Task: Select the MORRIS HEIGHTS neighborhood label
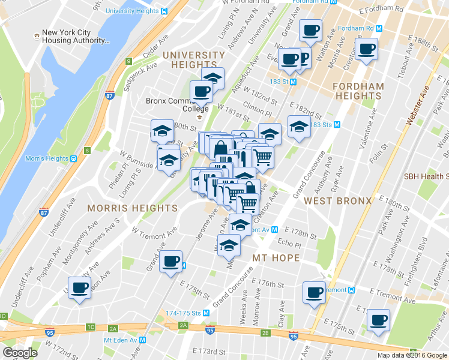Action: [133, 208]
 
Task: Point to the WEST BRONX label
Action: [337, 200]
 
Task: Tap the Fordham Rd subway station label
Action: [360, 28]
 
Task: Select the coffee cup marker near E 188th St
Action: [366, 49]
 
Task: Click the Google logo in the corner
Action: [20, 353]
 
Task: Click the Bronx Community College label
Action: [178, 104]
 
